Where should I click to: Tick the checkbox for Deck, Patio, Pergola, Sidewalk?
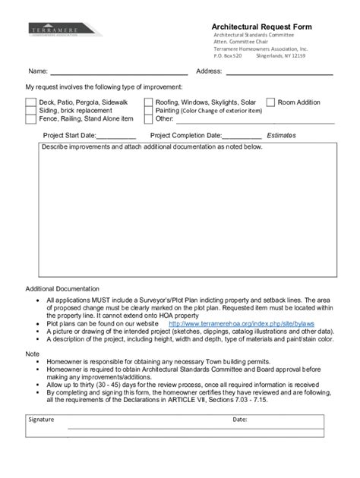[30, 102]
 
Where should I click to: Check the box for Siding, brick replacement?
[30, 110]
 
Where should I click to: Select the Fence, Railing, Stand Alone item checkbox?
[30, 119]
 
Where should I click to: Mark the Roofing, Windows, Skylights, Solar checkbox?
[147, 102]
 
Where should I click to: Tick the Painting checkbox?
[147, 110]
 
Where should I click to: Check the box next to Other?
[147, 119]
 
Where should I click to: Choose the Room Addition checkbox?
[270, 102]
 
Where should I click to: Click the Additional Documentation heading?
[62, 289]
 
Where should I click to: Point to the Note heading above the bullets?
[33, 354]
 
